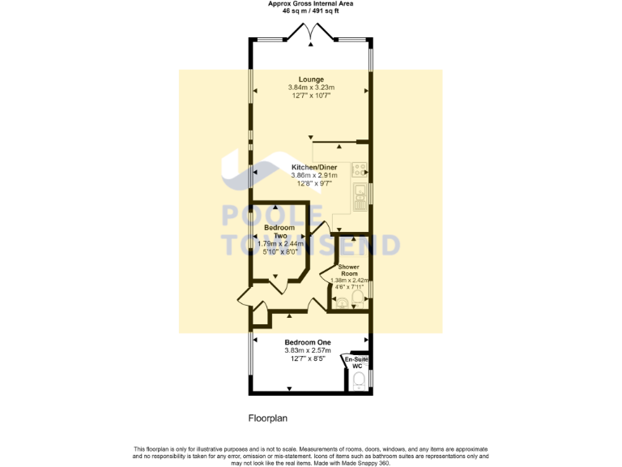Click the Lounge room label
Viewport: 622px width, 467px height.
pyautogui.click(x=311, y=79)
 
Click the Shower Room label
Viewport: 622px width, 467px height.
pyautogui.click(x=348, y=271)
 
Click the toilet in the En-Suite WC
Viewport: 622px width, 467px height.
pyautogui.click(x=360, y=379)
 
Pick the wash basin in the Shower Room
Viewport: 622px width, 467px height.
pyautogui.click(x=340, y=303)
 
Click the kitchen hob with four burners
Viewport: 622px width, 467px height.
pyautogui.click(x=359, y=171)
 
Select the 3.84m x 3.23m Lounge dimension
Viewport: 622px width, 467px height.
pyautogui.click(x=311, y=88)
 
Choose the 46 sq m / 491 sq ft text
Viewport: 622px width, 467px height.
pyautogui.click(x=310, y=11)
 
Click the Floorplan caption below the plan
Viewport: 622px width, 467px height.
pyautogui.click(x=267, y=419)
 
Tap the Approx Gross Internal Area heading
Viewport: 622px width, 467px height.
pyautogui.click(x=310, y=3)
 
